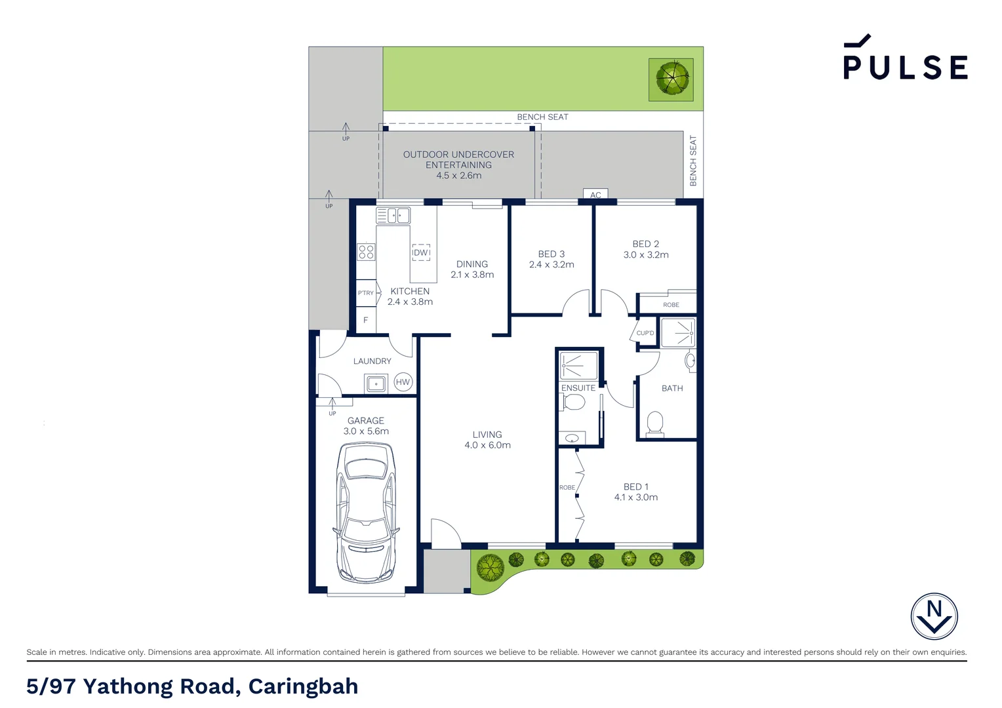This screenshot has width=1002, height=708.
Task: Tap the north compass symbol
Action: click(934, 616)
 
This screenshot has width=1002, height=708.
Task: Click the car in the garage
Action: click(366, 513)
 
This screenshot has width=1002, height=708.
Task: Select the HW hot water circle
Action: click(403, 382)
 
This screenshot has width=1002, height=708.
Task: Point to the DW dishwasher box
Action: click(421, 252)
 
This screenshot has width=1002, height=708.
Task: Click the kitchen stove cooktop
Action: click(366, 252)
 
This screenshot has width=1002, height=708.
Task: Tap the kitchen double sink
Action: click(393, 216)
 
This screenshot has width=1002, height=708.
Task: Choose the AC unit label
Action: click(595, 195)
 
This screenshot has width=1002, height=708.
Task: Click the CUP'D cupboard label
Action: click(645, 333)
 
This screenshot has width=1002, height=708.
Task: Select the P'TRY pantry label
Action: click(365, 293)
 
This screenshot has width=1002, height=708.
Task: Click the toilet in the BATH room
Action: click(655, 423)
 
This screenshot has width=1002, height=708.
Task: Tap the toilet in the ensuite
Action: click(574, 402)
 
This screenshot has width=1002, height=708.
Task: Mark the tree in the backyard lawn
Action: click(671, 79)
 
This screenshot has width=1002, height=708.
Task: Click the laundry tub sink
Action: click(376, 383)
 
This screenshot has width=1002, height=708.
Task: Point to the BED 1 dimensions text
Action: click(635, 498)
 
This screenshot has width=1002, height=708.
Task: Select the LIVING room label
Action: click(487, 435)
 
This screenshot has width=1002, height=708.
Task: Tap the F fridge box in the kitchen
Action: click(365, 320)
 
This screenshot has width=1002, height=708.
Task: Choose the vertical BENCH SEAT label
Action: click(693, 161)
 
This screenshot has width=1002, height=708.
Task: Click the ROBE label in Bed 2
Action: click(671, 305)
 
